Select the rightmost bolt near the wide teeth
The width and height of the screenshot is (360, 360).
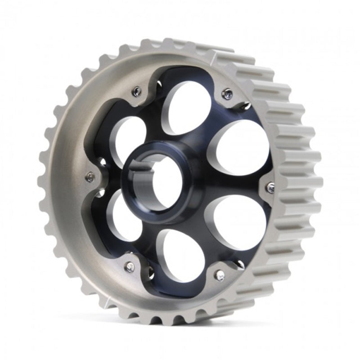tap(270, 188)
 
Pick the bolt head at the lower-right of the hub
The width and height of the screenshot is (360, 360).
tap(220, 275)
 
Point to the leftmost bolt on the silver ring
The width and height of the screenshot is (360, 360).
tap(90, 178)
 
